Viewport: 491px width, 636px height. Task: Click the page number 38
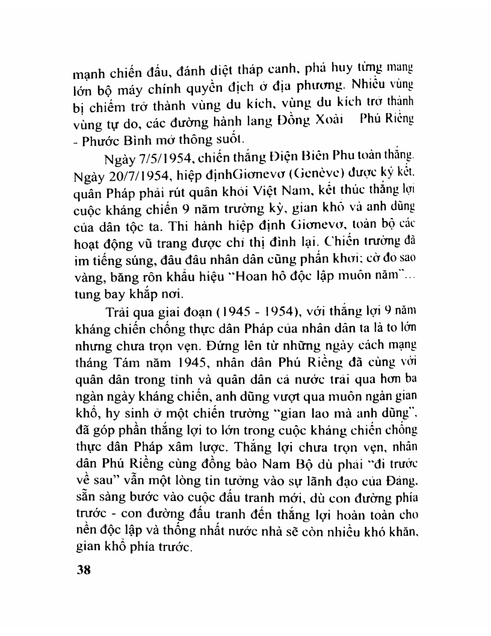pyautogui.click(x=78, y=570)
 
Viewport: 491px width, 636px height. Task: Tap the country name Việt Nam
pyautogui.click(x=289, y=196)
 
